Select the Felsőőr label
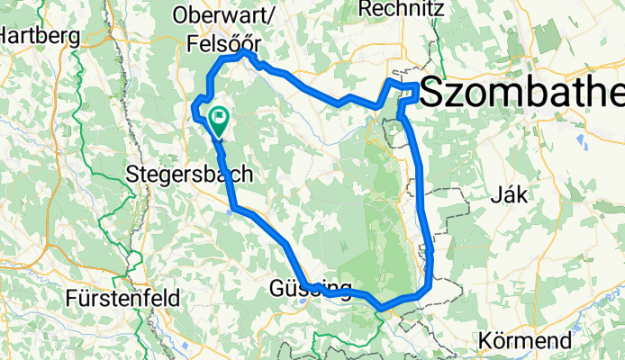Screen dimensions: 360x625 [222, 41]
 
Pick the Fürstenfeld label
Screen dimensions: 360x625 [124, 297]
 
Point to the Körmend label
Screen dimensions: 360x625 [526, 342]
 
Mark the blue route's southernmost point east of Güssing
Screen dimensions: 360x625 [382, 309]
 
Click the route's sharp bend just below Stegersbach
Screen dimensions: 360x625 [233, 210]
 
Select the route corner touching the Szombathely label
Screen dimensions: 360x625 [416, 85]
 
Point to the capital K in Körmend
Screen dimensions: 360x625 [486, 342]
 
